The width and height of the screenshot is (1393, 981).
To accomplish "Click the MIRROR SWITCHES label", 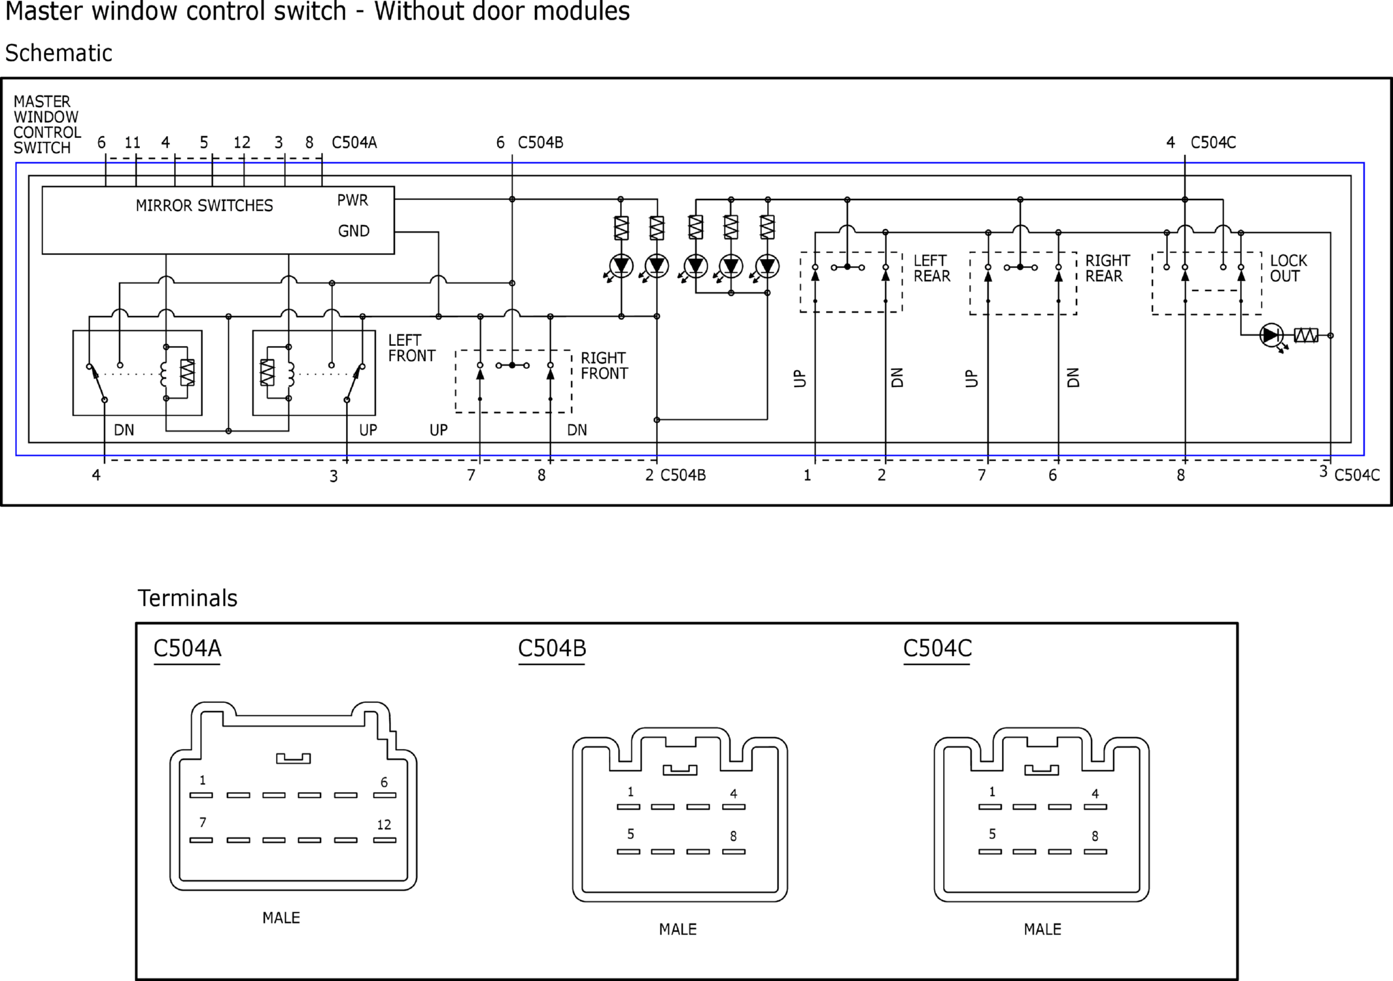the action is coord(204,205).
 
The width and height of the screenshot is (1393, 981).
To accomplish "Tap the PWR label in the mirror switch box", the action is coord(353,200).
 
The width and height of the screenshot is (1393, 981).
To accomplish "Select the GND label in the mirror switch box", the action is coord(354,231).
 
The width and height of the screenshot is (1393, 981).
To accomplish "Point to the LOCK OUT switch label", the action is coord(1288,268).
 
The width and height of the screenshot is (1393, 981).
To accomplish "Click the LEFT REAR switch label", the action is coord(932,268).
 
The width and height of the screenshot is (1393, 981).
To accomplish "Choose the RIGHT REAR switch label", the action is coord(1108,268).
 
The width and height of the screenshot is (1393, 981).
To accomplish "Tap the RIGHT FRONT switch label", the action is coord(604,366).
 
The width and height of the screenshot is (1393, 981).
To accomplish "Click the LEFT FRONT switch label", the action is coord(411,348).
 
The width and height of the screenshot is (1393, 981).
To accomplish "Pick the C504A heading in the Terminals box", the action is coord(187,648).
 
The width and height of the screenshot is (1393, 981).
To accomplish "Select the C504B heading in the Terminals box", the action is coord(552,648).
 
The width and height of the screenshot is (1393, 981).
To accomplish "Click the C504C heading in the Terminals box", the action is coord(937,648).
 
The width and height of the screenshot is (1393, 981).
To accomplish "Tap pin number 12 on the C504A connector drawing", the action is coord(384,825).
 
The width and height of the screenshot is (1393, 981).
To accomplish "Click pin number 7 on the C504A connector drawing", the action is coord(203,823).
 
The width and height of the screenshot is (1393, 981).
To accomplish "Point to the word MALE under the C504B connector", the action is coord(678,929).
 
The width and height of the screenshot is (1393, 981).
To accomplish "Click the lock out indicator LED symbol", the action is coord(1271,336).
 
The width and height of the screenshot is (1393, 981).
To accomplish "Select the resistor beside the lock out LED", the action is coord(1306,336).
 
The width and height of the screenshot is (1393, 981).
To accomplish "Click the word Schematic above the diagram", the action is coord(58,53).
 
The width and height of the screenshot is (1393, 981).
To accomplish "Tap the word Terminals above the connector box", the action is coord(187,598).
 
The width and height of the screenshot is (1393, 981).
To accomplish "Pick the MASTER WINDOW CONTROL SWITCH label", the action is coord(47,124).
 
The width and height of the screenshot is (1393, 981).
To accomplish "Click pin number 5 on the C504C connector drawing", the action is coord(992,834).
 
